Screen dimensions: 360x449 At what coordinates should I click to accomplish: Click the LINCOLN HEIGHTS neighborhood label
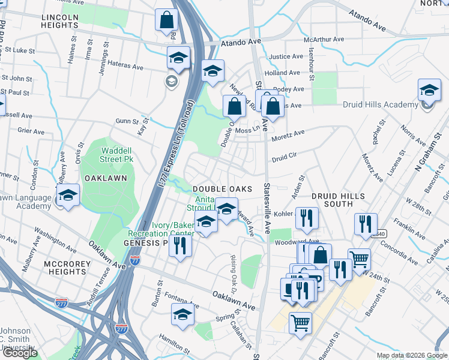click(x=60, y=22)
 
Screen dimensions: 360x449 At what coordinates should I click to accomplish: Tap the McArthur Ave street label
click(x=324, y=39)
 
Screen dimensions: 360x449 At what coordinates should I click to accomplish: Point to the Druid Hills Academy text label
click(x=380, y=104)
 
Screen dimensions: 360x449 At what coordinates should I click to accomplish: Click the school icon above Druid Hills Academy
click(x=429, y=90)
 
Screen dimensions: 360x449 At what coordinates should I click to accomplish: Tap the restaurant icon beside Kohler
click(x=307, y=219)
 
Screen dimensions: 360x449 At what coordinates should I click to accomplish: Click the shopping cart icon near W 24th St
click(x=359, y=260)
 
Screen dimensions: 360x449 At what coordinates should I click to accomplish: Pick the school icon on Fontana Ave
click(x=182, y=314)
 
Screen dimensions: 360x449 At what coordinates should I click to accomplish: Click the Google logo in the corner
click(x=19, y=353)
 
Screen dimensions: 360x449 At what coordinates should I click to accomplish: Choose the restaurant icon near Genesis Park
click(x=180, y=245)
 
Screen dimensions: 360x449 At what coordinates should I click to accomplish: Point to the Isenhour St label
click(x=311, y=66)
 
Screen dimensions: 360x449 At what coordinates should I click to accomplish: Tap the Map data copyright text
click(x=411, y=355)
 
